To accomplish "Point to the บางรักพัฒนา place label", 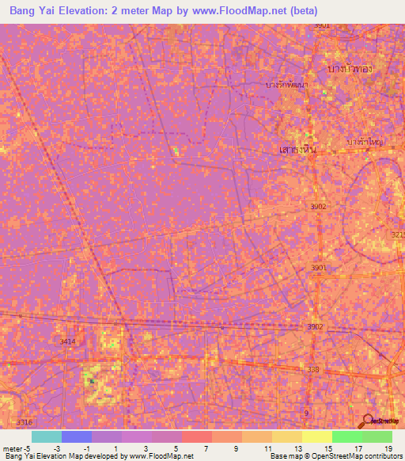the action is point(287,83).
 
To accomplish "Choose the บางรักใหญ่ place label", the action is point(365,141).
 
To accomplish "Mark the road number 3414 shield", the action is point(68,341).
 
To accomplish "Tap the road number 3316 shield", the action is point(25,422).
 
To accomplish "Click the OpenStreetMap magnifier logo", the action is point(368,420).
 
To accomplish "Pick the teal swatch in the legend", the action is point(47,436).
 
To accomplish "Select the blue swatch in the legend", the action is point(77,436).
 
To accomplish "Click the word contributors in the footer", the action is point(381,456).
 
